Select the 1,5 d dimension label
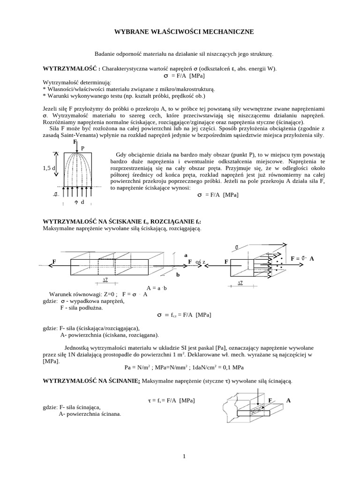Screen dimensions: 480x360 49,168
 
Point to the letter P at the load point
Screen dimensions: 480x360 83,148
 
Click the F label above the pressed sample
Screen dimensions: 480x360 75,142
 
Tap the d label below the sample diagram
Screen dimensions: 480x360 82,202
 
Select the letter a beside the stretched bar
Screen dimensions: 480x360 186,255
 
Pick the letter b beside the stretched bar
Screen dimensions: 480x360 178,275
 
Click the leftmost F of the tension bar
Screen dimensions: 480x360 54,261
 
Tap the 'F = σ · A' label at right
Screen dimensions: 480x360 303,258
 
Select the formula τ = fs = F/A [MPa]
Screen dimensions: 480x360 171,401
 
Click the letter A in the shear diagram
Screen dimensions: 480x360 288,401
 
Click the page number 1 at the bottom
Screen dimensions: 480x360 185,456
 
